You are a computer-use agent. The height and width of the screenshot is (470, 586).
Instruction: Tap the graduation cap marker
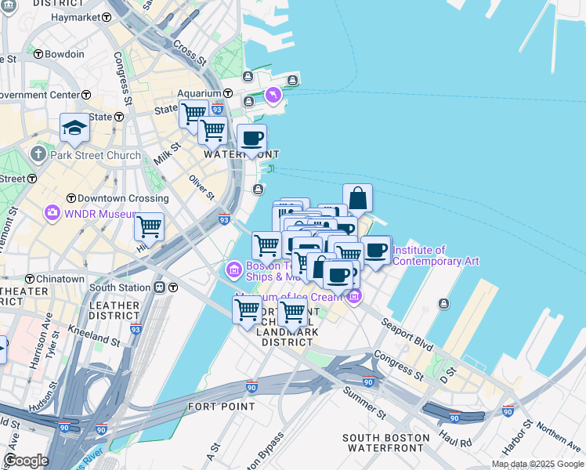(74, 127)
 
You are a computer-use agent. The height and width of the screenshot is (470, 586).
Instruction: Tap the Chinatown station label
(60, 279)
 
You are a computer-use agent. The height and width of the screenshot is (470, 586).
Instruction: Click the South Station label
(126, 287)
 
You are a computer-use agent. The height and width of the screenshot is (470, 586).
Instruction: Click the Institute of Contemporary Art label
(435, 256)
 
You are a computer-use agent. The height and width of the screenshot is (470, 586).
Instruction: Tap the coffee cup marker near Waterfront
(251, 139)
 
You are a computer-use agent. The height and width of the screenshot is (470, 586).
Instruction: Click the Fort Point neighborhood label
(221, 407)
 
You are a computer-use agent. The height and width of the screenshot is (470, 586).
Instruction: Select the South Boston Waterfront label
(386, 443)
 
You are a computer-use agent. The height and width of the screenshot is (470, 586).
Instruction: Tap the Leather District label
(114, 310)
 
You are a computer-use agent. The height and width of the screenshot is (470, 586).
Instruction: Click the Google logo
(26, 461)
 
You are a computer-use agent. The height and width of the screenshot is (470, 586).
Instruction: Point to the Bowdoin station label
(64, 54)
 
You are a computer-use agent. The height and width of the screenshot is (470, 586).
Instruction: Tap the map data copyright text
(537, 464)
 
